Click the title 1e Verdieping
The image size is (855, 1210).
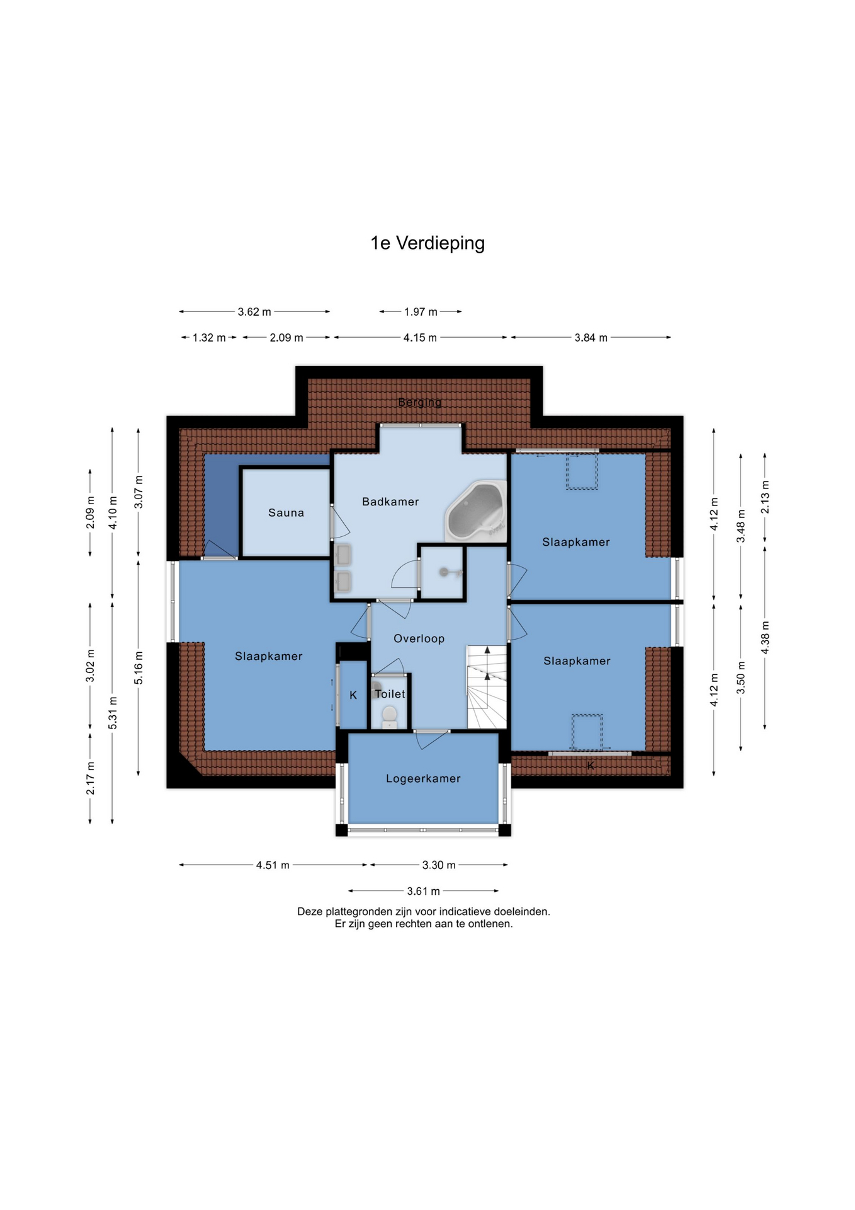(427, 243)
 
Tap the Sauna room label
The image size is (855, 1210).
(286, 513)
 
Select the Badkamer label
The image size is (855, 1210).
(390, 502)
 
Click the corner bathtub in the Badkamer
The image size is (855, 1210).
(476, 512)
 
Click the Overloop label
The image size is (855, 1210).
(419, 638)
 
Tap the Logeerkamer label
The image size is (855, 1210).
(423, 779)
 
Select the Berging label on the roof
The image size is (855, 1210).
(420, 402)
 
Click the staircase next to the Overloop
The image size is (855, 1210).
(487, 687)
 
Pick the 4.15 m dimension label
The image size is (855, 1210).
(420, 338)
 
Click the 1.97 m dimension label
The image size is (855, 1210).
(421, 312)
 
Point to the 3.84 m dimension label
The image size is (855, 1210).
(591, 338)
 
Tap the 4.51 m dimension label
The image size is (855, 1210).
(273, 865)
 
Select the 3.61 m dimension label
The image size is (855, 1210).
(423, 891)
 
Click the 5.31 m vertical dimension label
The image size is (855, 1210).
(113, 713)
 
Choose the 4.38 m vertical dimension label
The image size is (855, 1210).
(766, 637)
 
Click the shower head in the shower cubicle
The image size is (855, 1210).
(444, 572)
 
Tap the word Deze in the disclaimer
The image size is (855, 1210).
(310, 911)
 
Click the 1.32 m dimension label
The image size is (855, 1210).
(209, 338)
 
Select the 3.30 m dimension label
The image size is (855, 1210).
(439, 865)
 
